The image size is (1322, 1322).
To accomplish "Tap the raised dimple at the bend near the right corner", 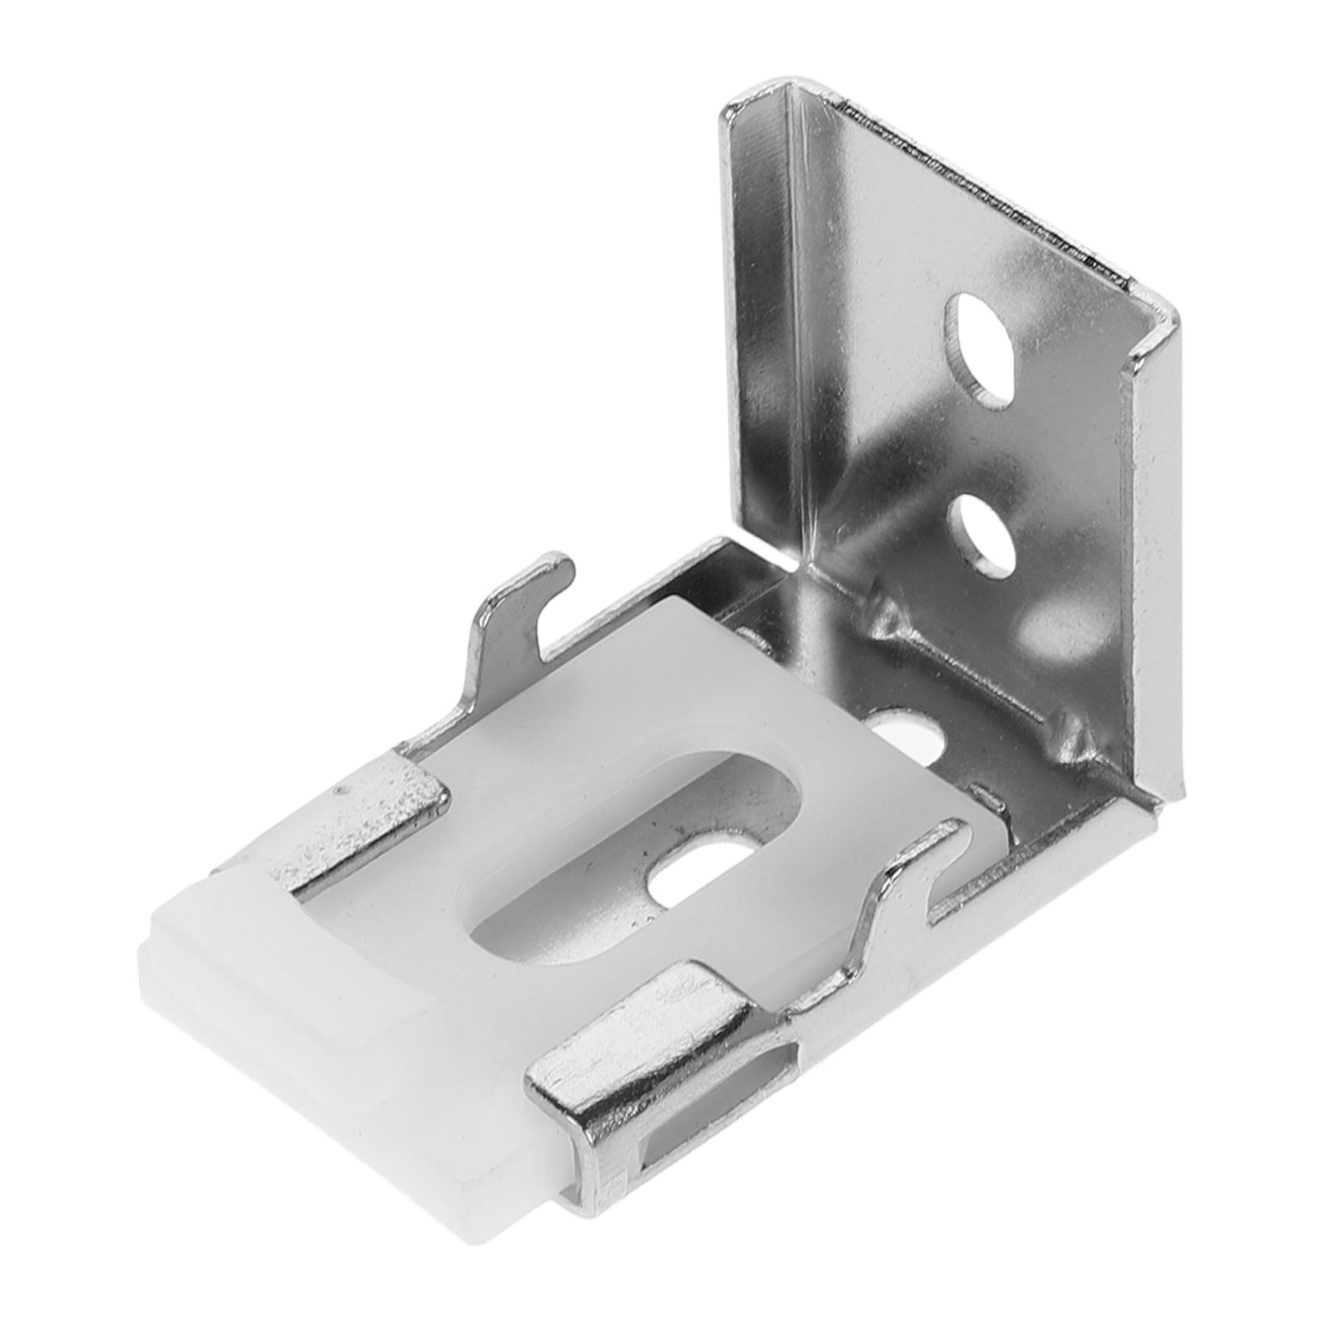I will pyautogui.click(x=1066, y=727).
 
